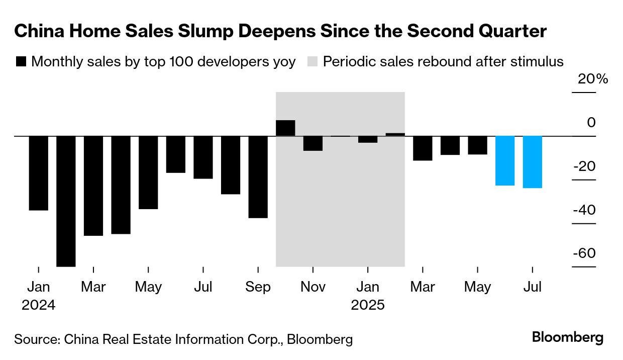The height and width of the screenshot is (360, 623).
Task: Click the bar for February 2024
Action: (66, 201)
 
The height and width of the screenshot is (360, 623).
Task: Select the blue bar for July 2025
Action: (533, 162)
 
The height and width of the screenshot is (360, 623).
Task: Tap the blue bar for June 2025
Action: (505, 160)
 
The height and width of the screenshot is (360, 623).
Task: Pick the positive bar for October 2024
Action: (285, 128)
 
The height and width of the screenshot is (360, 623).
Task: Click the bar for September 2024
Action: (258, 177)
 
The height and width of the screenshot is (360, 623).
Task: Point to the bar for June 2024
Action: (176, 154)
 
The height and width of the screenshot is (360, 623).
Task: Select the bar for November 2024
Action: (313, 143)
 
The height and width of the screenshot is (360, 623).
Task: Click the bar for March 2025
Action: (423, 148)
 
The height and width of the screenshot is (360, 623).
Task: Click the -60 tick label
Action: (584, 253)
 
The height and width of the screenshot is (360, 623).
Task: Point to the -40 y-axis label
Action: (584, 210)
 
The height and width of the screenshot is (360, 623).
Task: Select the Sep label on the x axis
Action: (258, 287)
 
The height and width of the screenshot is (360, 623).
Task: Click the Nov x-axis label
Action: (313, 287)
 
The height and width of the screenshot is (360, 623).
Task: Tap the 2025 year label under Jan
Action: (367, 305)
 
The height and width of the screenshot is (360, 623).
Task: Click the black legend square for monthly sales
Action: (21, 62)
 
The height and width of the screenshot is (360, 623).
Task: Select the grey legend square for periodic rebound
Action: (313, 62)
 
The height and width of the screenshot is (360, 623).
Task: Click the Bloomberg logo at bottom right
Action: (568, 337)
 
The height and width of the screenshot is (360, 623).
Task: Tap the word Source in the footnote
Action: (35, 339)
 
